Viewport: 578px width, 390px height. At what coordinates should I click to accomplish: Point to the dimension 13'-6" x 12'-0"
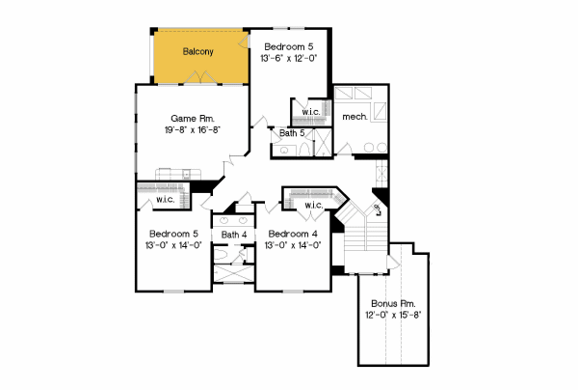[x=288, y=58]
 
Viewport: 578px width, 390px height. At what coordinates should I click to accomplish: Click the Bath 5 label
[x=293, y=133]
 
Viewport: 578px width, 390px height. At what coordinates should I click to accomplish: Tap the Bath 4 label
[x=234, y=235]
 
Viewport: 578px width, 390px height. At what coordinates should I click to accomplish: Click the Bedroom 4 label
[x=294, y=235]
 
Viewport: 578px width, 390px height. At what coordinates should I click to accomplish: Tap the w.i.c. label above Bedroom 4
[x=314, y=206]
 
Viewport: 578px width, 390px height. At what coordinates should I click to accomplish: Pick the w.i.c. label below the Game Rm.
[x=165, y=201]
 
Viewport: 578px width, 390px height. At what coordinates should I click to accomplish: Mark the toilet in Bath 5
[x=286, y=151]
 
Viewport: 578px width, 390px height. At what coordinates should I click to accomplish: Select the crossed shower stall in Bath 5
[x=326, y=139]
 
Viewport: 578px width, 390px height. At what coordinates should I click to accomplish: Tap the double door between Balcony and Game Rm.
[x=234, y=86]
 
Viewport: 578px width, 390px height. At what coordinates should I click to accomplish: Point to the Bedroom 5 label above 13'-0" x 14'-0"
[x=173, y=234]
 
